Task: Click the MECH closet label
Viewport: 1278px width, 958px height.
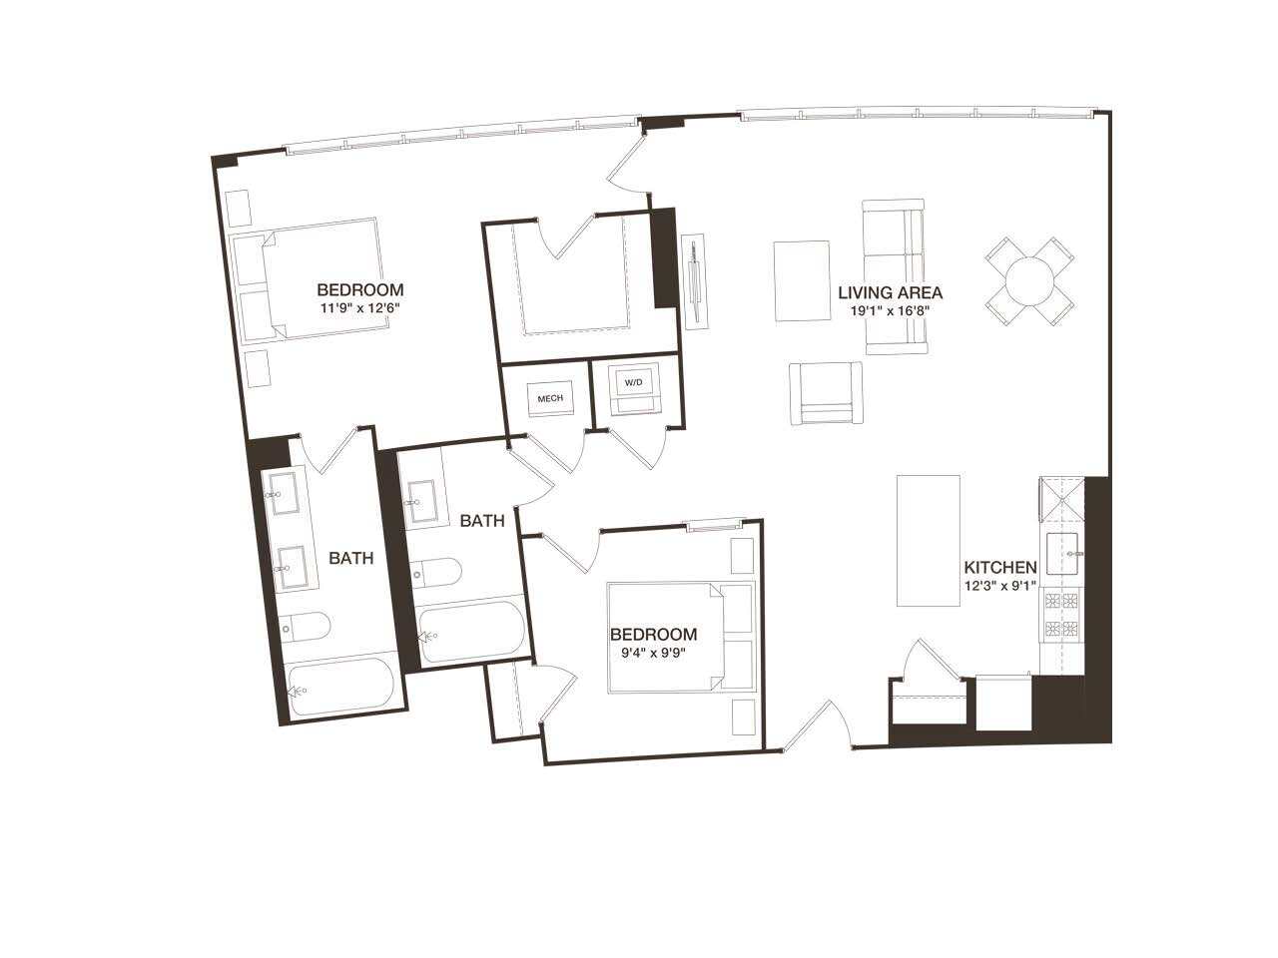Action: (x=550, y=398)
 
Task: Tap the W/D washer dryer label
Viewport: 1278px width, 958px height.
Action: (x=634, y=382)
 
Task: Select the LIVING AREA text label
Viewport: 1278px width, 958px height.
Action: (x=890, y=293)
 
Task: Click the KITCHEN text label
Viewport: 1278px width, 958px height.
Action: (x=999, y=568)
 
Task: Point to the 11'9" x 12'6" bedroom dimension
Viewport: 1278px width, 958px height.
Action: (x=360, y=308)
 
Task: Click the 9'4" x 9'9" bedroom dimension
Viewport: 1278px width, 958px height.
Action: (x=654, y=654)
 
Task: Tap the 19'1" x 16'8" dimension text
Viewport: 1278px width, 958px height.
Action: (x=890, y=310)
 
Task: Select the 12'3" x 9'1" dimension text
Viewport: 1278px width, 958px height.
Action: (x=999, y=586)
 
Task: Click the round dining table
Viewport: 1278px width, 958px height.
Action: (x=1030, y=280)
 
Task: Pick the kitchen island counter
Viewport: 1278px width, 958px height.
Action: (x=929, y=540)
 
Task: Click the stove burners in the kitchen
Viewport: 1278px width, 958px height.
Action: (x=1061, y=615)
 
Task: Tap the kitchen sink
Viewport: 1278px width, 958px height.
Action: (x=1065, y=554)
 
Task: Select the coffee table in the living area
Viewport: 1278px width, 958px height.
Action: (x=802, y=280)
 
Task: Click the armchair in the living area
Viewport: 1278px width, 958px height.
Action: (x=826, y=393)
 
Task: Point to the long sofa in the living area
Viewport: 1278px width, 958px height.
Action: (x=894, y=276)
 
